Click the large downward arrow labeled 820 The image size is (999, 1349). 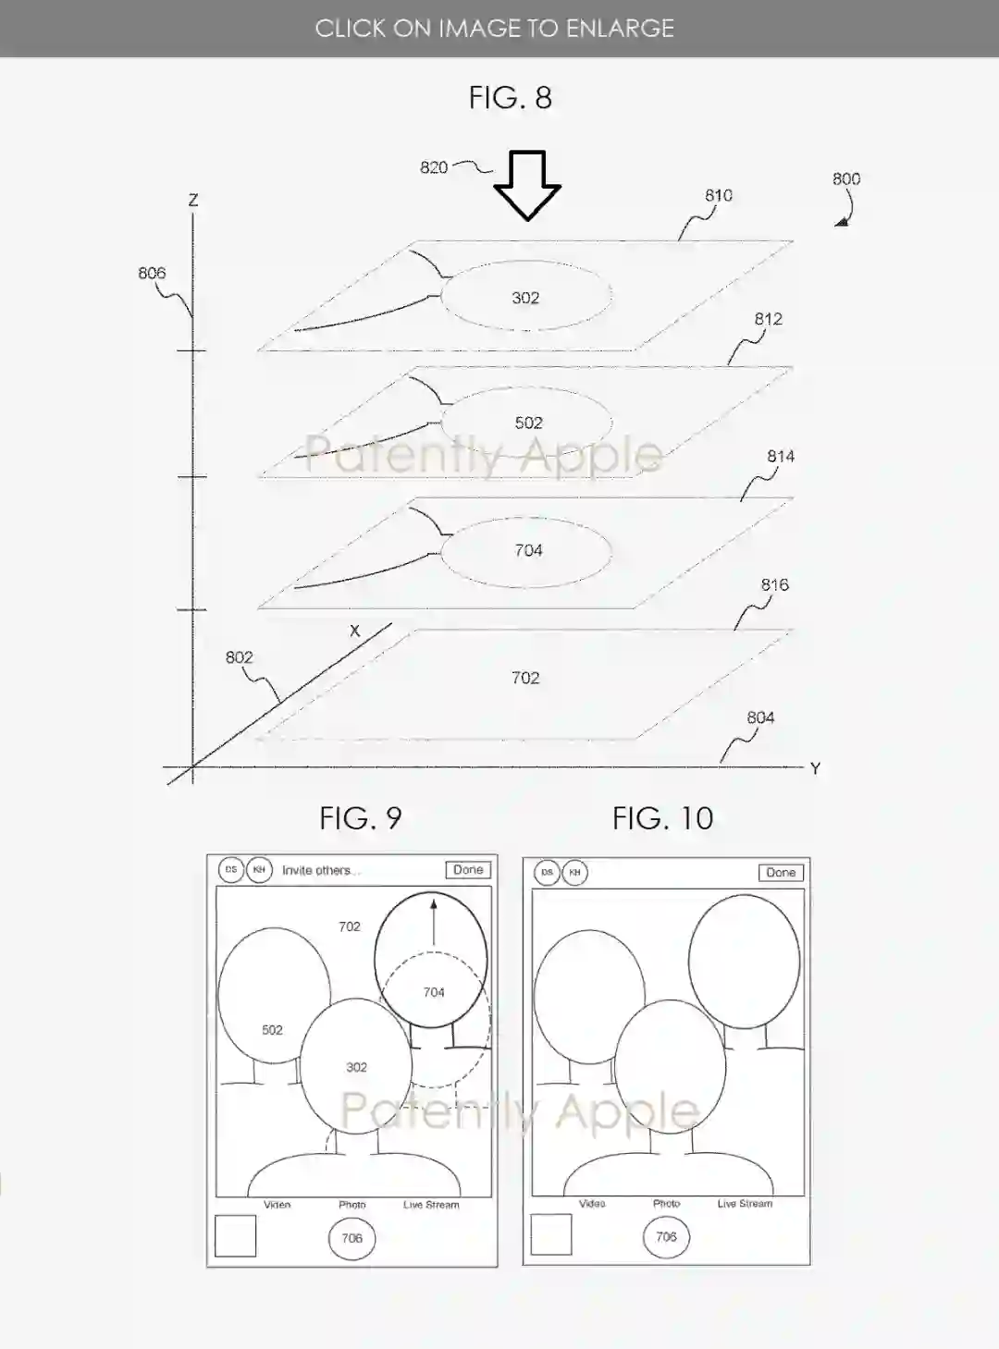pos(527,185)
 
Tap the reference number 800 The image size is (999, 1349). pos(846,178)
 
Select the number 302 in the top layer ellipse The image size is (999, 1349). pos(525,298)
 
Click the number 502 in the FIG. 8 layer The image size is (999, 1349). pos(528,423)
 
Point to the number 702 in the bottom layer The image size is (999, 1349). pos(525,678)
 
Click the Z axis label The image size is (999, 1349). pos(193,200)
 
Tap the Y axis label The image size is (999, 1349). pos(815,768)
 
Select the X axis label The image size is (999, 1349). pos(354,632)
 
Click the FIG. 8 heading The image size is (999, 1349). pos(510,97)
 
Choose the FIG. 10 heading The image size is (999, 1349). pos(662,818)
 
